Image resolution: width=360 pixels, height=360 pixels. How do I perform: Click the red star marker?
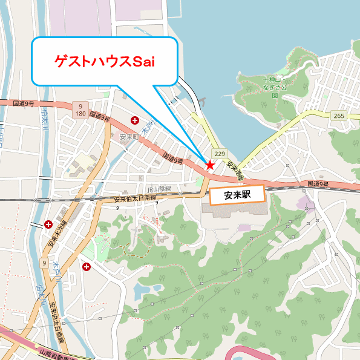tap(210, 165)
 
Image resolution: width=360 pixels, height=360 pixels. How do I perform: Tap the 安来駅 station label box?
tap(237, 195)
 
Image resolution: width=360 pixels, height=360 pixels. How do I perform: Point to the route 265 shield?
tap(338, 116)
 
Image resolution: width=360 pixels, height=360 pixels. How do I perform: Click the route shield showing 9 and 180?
tap(80, 110)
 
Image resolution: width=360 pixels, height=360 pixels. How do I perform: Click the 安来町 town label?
tap(130, 137)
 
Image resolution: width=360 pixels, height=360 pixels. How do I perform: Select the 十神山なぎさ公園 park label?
tap(275, 87)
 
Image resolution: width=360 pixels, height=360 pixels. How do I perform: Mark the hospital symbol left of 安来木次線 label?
tap(48, 224)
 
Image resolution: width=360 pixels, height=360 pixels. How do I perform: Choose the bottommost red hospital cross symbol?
tap(87, 266)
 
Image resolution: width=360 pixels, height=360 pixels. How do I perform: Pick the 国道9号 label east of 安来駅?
tap(318, 183)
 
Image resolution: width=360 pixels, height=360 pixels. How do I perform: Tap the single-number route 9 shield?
tap(44, 263)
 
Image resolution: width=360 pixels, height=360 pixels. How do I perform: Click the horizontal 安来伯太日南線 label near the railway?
tap(134, 198)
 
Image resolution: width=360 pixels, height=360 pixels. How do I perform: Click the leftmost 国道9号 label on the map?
tap(24, 103)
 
